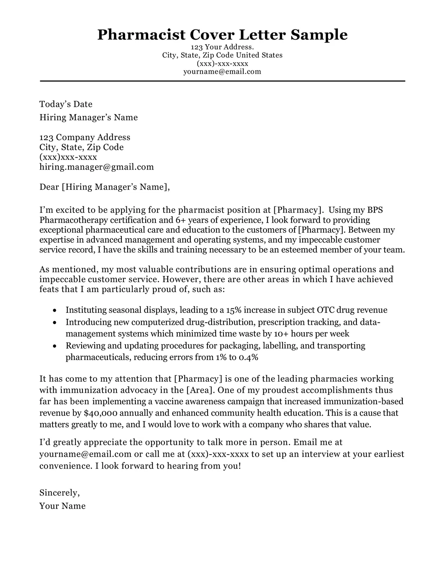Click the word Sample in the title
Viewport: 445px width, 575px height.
[319, 34]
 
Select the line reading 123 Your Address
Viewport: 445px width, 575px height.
[222, 47]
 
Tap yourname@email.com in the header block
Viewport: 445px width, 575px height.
[222, 72]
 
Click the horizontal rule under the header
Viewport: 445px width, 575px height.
[222, 81]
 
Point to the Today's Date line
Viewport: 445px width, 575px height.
[66, 104]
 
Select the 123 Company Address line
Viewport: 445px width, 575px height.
[84, 137]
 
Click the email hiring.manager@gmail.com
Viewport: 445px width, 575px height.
[96, 167]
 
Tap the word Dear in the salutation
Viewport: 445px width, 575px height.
[49, 187]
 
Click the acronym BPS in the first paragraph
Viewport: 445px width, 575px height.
[374, 210]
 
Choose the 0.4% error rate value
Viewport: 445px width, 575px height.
[248, 357]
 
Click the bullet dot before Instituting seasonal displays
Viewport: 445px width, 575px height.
[55, 310]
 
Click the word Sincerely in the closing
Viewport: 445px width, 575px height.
[59, 493]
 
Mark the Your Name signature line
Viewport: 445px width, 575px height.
[62, 506]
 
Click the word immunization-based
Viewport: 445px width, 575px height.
[363, 401]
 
